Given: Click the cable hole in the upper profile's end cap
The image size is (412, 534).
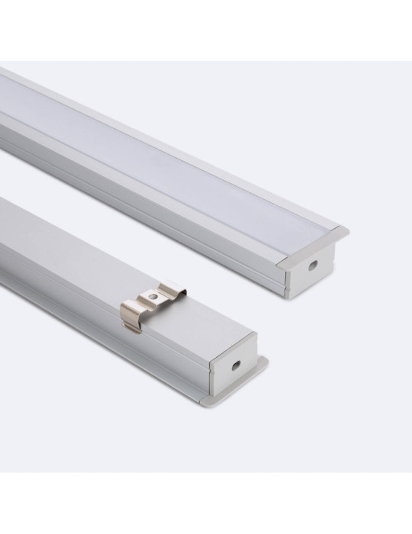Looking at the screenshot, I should [x=314, y=267].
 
